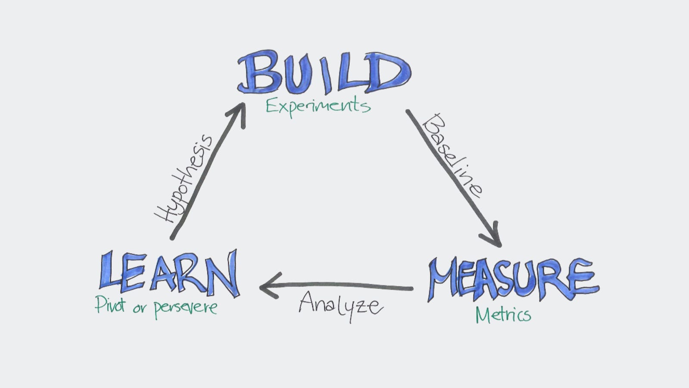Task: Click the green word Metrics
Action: click(x=503, y=315)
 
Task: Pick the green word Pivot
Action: click(x=110, y=305)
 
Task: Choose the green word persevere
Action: click(x=186, y=308)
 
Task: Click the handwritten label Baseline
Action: click(x=452, y=155)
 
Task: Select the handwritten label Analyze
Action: click(x=340, y=305)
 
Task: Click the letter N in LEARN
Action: click(x=222, y=273)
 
